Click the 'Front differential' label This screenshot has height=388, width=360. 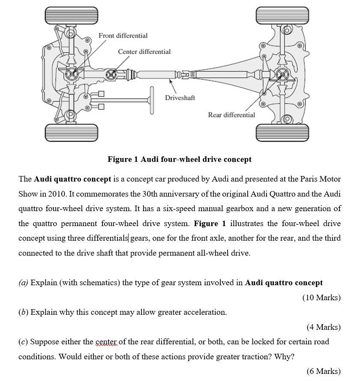(x=123, y=36)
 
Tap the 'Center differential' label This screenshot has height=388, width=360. (x=144, y=52)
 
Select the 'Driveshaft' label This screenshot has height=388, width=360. (x=180, y=98)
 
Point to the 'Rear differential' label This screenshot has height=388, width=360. (x=231, y=115)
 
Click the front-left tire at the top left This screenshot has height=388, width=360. (x=71, y=15)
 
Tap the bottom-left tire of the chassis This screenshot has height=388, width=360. (x=71, y=132)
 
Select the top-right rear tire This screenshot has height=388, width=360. (x=282, y=15)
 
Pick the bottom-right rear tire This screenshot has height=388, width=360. (x=282, y=132)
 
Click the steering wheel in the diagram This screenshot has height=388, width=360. (x=152, y=101)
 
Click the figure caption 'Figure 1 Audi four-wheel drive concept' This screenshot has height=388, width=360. (x=179, y=159)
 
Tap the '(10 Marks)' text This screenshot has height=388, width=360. (x=321, y=298)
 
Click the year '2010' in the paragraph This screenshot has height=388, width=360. (x=57, y=194)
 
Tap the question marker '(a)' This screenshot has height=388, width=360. (x=23, y=283)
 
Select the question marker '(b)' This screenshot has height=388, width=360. (x=23, y=312)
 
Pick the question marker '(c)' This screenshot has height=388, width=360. (x=23, y=342)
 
